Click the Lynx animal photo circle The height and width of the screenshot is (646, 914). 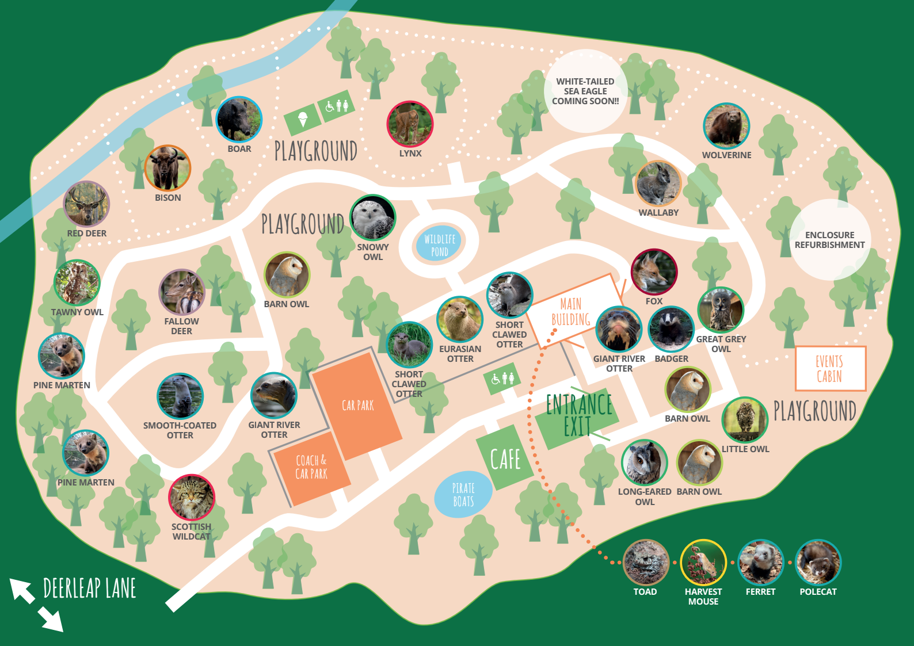tap(410, 124)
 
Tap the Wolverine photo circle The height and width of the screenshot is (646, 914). tap(726, 127)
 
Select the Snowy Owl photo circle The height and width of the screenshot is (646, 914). tap(373, 218)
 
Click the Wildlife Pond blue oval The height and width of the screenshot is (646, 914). tap(440, 245)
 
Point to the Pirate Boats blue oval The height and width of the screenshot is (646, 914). tap(463, 495)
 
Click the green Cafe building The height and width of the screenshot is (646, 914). tap(505, 458)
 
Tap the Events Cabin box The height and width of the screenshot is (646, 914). tap(830, 369)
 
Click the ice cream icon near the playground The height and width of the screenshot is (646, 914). tap(303, 120)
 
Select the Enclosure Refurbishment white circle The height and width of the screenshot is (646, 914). tap(829, 240)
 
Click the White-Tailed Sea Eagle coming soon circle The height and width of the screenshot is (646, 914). tap(585, 91)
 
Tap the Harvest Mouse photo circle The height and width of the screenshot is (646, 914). tap(703, 563)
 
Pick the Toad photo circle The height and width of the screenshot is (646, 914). tap(646, 563)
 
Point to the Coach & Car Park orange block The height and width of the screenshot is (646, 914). tap(311, 468)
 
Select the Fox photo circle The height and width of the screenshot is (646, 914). tap(654, 272)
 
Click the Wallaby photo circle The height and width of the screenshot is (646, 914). tap(658, 184)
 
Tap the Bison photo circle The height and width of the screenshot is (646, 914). tap(167, 169)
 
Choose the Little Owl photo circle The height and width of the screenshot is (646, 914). tap(745, 420)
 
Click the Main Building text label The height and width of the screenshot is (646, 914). tap(570, 312)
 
